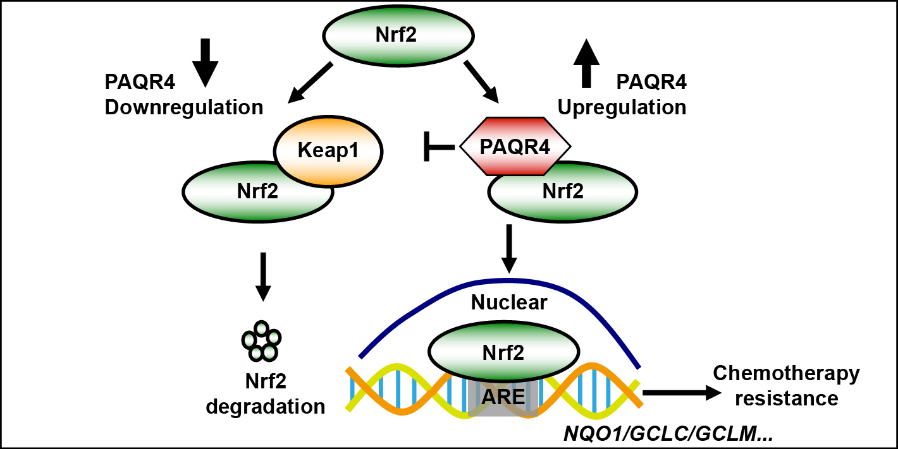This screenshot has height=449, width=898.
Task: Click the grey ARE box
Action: point(503,397)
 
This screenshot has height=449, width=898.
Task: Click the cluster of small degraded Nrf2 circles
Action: point(261,341)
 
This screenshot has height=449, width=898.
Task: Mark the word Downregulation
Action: point(184,108)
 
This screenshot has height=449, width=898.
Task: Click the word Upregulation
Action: point(622,108)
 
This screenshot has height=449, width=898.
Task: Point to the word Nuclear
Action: point(509,304)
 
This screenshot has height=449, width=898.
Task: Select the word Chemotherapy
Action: point(786,373)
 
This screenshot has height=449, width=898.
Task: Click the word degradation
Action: point(266,406)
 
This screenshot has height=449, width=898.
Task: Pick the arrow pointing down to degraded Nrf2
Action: point(263,277)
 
